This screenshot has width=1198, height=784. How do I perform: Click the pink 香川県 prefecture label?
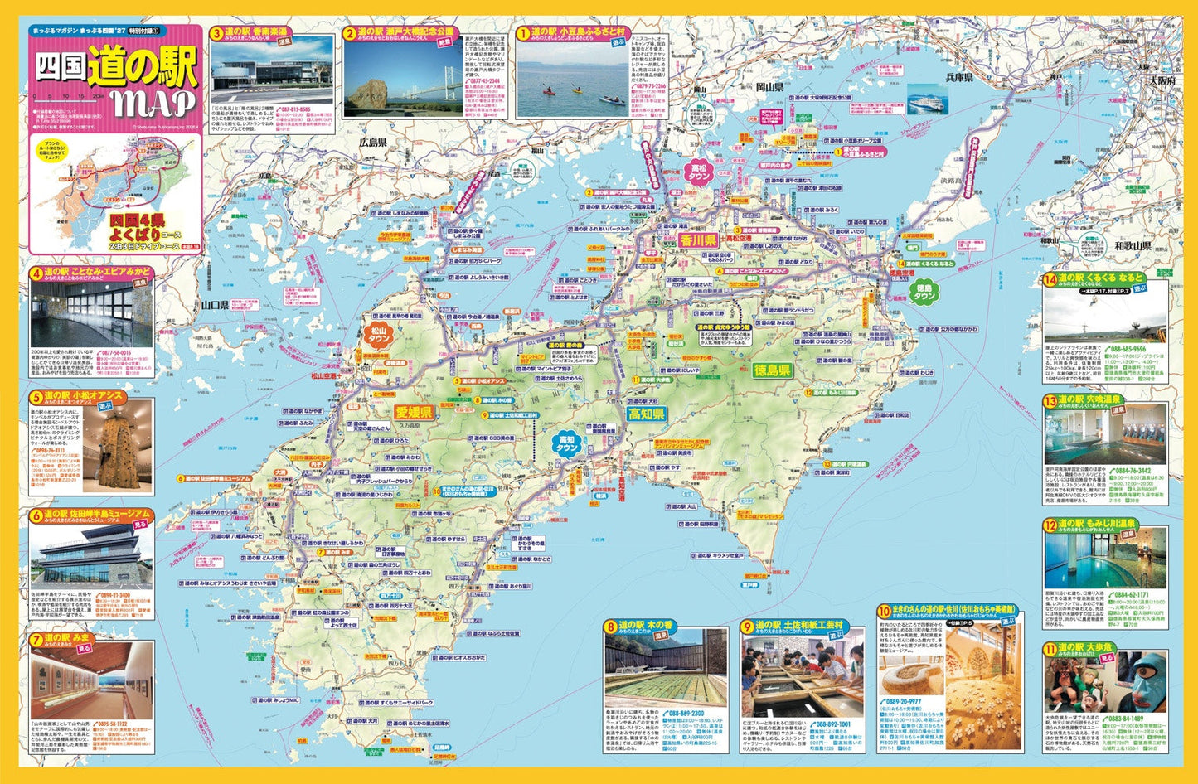point(697,240)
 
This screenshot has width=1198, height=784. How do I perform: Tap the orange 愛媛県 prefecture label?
point(412,412)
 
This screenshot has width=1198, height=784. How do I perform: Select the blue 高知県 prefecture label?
point(646,414)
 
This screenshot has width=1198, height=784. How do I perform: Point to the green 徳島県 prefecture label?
point(772,370)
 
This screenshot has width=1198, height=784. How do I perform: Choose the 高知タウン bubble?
point(567,443)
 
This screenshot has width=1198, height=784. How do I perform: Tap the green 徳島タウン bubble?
point(924,291)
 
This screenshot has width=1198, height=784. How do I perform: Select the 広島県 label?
point(373,143)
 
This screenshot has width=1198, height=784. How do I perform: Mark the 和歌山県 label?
point(1132,245)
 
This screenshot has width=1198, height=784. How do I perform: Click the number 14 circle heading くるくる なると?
point(1050,279)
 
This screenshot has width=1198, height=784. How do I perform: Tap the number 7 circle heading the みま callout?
point(36,639)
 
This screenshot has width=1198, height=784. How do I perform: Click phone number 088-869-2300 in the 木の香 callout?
point(686,713)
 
